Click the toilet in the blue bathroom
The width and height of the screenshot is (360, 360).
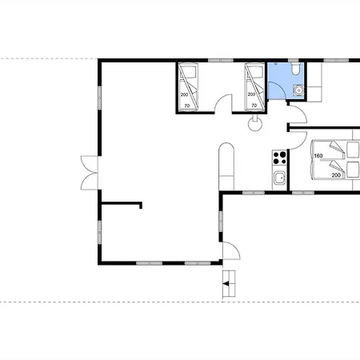click(x=295, y=69)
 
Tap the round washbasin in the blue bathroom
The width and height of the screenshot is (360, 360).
click(x=298, y=90)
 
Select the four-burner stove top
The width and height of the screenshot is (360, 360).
click(x=279, y=158)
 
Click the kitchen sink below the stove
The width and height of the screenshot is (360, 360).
click(x=280, y=178)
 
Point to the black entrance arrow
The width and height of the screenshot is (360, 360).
click(x=226, y=284)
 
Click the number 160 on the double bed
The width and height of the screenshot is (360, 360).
click(x=318, y=156)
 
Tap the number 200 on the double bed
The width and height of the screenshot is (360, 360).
click(x=336, y=175)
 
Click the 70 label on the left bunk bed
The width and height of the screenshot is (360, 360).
click(x=187, y=106)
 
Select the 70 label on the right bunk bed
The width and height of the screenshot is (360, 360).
click(x=254, y=106)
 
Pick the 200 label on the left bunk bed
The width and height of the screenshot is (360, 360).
click(x=184, y=94)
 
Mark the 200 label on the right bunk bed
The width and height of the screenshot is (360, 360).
click(x=251, y=94)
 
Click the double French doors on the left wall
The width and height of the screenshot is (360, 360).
click(x=90, y=173)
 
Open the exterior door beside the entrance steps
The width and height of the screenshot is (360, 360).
click(x=231, y=250)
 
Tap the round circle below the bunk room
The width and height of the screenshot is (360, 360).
click(x=255, y=124)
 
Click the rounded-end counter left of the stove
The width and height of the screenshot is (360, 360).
click(x=226, y=166)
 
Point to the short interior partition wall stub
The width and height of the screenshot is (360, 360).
click(x=122, y=205)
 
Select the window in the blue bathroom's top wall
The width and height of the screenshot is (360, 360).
click(x=294, y=61)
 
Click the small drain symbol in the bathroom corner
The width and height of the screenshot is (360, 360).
click(x=276, y=64)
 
